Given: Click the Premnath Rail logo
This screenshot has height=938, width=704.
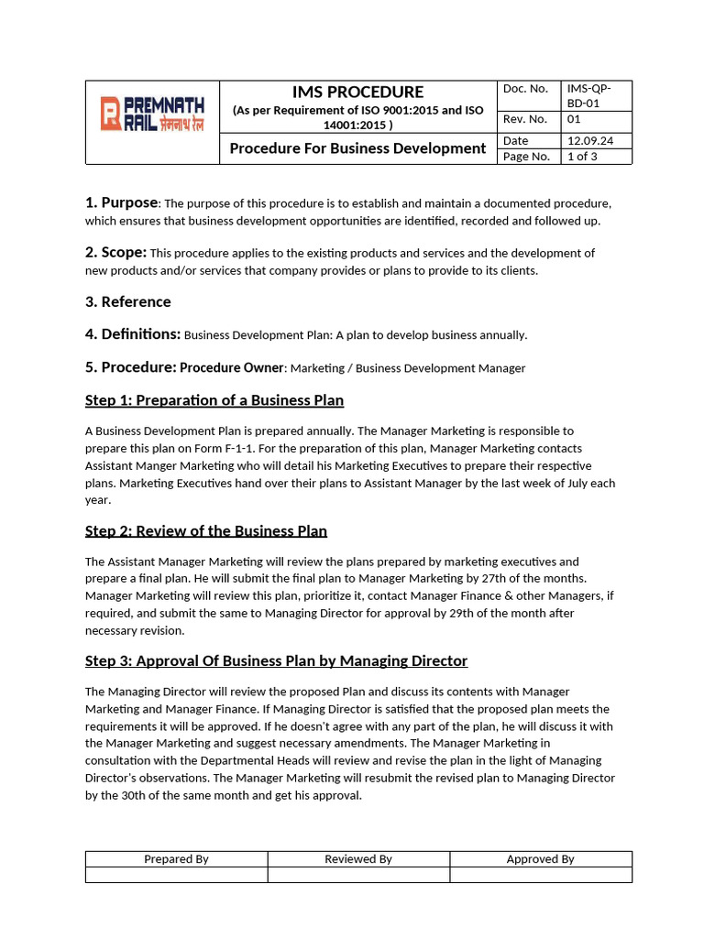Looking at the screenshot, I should click(152, 115).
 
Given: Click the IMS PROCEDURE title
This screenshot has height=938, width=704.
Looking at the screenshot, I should click(357, 92).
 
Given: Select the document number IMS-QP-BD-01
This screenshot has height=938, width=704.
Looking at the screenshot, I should click(588, 95).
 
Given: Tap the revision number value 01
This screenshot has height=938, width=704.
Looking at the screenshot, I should click(574, 119).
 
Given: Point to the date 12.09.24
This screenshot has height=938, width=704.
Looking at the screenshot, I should click(590, 140).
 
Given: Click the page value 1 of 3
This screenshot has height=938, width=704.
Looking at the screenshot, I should click(582, 157).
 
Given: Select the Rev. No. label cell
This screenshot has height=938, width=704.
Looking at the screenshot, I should click(525, 119).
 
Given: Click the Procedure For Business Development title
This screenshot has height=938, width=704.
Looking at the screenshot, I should click(357, 148).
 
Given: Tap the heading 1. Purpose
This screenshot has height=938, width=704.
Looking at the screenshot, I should click(122, 202).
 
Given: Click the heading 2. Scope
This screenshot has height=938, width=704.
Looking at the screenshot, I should click(115, 252).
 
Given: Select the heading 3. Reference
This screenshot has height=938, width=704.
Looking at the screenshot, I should click(127, 301).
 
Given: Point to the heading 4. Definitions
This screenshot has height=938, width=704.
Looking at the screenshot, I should click(132, 334).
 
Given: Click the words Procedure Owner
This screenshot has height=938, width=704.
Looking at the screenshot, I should click(232, 367).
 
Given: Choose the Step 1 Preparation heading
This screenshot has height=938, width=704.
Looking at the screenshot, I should click(214, 399).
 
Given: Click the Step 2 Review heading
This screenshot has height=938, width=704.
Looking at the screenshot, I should click(206, 530).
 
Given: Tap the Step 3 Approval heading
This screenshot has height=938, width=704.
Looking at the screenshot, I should click(276, 660).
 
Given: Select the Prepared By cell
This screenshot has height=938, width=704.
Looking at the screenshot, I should click(176, 859).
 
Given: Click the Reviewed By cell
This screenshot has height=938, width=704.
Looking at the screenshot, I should click(357, 859).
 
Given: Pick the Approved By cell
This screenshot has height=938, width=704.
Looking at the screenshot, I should click(540, 859).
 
